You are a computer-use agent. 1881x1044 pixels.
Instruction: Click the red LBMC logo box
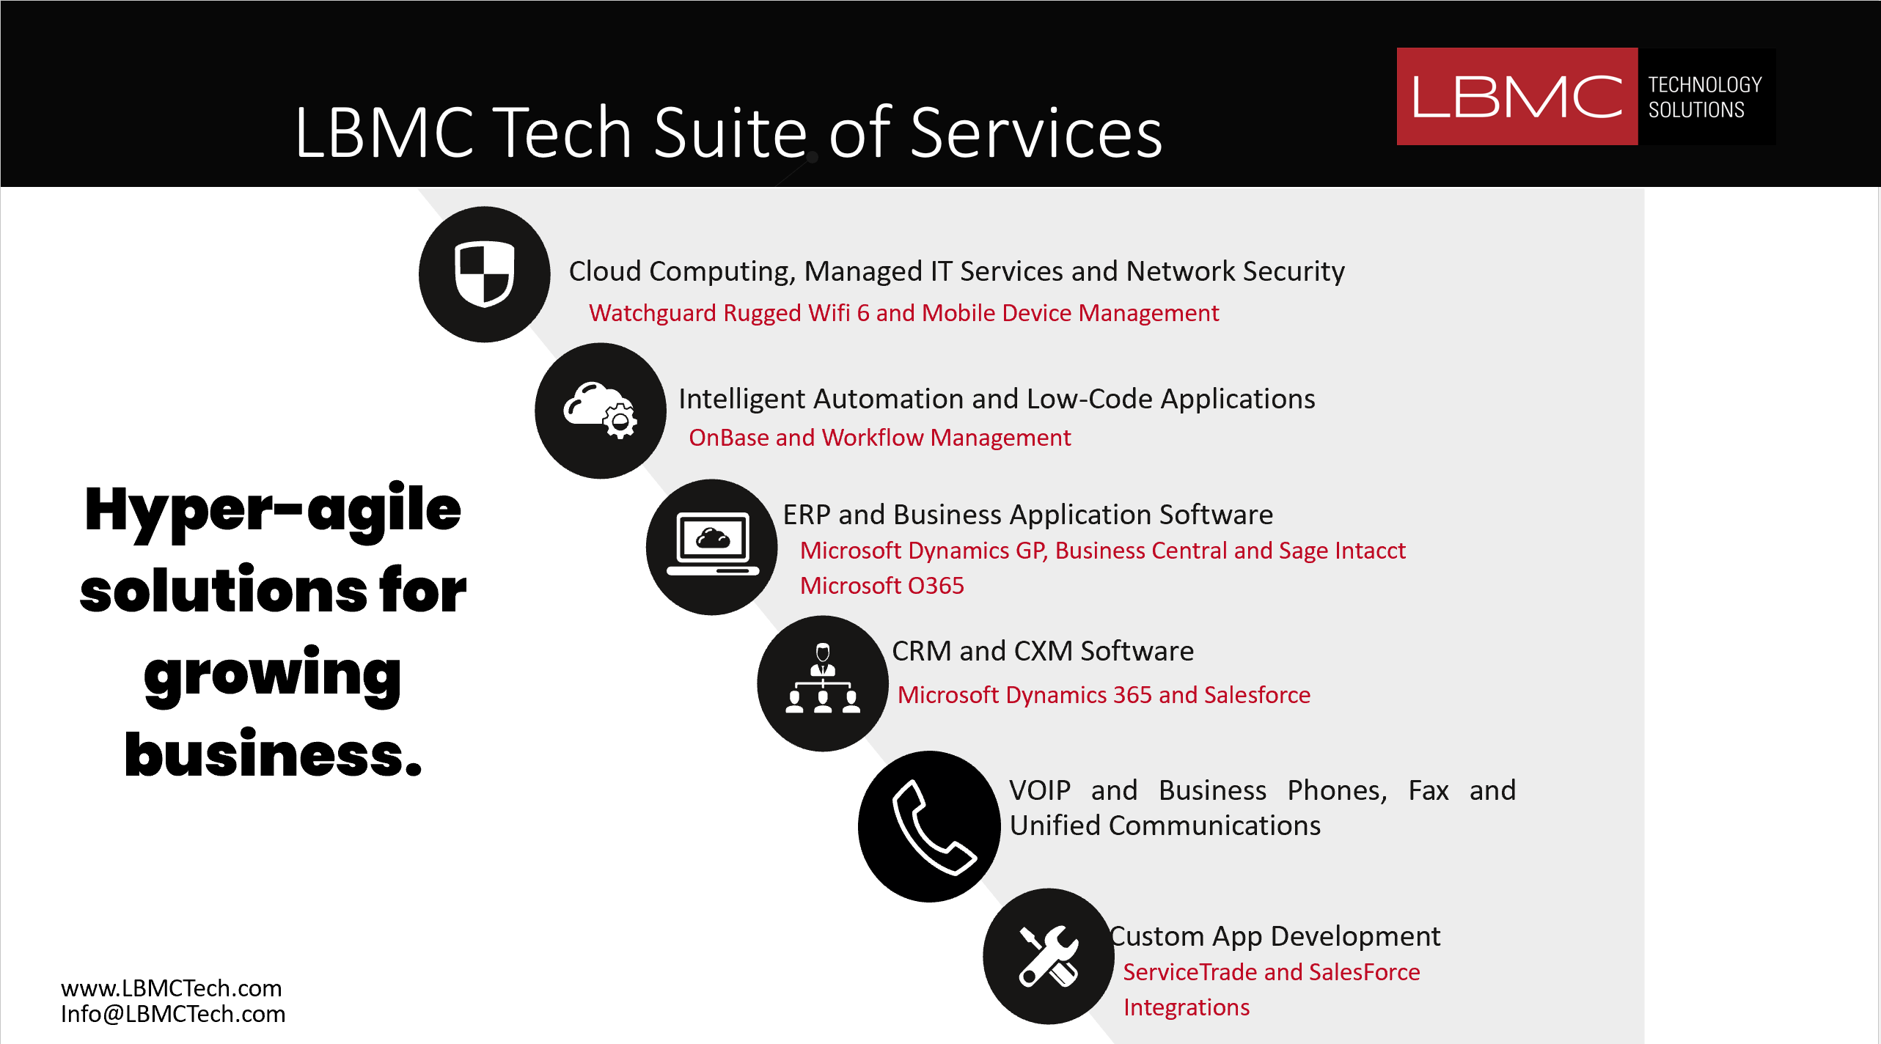1517,97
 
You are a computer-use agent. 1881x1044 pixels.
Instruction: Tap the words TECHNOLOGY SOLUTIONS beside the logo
1704,97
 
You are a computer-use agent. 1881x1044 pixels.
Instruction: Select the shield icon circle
484,274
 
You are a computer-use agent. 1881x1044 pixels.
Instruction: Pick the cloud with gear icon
601,411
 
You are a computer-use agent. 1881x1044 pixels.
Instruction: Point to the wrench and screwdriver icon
1049,956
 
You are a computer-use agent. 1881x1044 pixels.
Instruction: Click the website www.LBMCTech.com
172,988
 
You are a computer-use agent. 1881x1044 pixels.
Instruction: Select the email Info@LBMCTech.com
173,1014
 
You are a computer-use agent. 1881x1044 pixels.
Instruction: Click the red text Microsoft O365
881,586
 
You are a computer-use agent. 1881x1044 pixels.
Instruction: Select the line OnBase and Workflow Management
880,438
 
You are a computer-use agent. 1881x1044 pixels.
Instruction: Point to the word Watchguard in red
653,314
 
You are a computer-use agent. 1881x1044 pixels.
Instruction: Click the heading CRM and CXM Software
1043,651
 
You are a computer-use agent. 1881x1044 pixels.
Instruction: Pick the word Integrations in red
1187,1008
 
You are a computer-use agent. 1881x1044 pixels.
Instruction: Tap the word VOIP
1040,791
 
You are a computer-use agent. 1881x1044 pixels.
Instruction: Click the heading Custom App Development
1275,936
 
